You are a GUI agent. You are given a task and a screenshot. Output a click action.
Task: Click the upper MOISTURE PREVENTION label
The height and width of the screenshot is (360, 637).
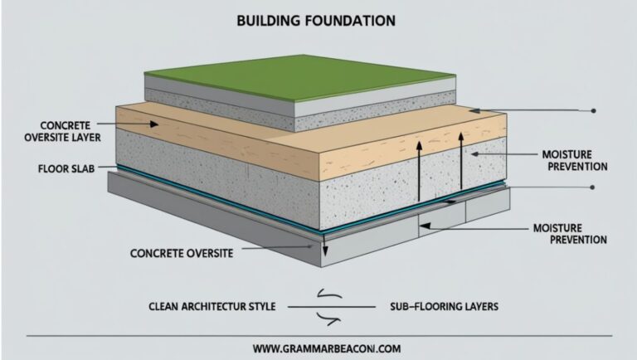(574, 160)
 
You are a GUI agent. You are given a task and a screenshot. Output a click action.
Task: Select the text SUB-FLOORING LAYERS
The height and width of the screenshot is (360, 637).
(444, 306)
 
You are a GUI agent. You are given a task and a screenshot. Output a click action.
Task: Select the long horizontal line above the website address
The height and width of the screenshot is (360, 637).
(318, 335)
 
